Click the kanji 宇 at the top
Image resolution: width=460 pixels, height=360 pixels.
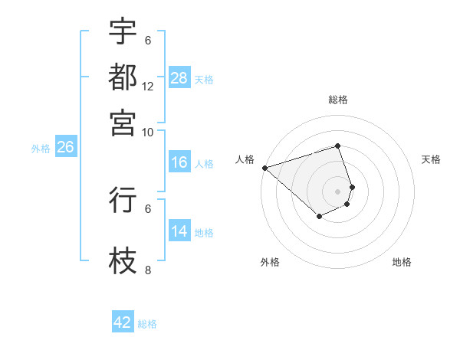[x=123, y=31]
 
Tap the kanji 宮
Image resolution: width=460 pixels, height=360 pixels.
[x=123, y=122]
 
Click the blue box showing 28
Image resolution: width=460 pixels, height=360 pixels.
[x=179, y=78]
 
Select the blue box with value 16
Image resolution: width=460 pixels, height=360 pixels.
[x=179, y=162]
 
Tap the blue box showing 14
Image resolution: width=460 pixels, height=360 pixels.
[x=179, y=231]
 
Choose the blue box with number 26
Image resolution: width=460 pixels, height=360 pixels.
[x=65, y=148]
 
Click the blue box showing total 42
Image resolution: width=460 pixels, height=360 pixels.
[x=123, y=322]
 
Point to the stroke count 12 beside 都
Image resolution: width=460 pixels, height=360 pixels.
[x=148, y=86]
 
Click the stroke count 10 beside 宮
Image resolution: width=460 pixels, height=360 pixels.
[x=148, y=132]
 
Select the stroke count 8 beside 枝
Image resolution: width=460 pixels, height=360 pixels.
[x=148, y=270]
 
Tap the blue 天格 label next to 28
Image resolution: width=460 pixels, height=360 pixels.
[x=204, y=79]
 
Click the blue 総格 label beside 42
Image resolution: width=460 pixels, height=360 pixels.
[x=147, y=323]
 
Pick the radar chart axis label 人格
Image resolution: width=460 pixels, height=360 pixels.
[x=245, y=159]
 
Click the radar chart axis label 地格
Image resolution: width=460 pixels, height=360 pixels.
[x=402, y=262]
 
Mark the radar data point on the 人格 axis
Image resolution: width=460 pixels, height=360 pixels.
[x=264, y=168]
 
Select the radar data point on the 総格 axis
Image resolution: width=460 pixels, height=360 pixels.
[x=337, y=146]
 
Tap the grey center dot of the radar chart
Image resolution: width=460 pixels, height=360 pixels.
[x=337, y=191]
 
